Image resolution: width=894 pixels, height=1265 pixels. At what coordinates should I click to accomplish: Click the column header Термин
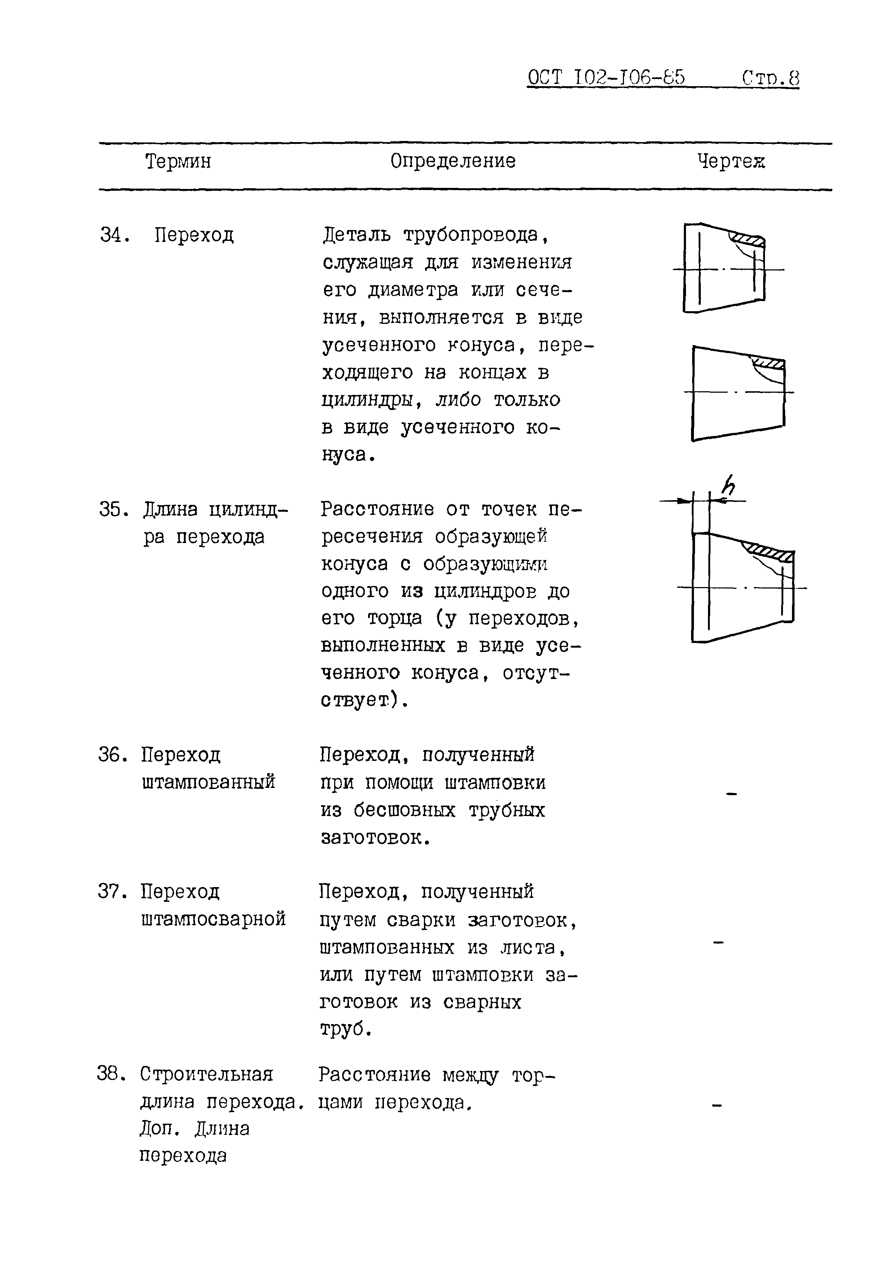[178, 162]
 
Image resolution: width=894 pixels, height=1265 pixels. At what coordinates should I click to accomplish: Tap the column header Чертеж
[731, 162]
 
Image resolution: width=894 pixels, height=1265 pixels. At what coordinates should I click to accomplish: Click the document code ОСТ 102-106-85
[606, 78]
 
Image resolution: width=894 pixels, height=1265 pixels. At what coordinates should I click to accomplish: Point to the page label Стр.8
[770, 78]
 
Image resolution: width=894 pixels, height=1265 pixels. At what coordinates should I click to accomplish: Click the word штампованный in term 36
[208, 783]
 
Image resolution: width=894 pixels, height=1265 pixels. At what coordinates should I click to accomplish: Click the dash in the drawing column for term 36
[731, 794]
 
